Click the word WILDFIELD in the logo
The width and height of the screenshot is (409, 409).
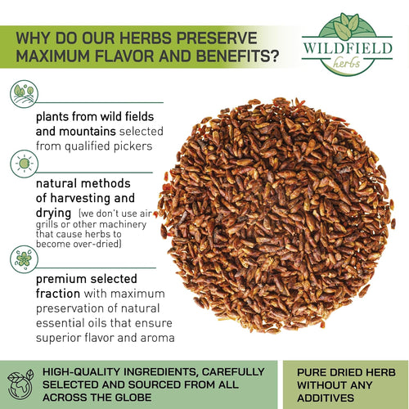(348, 48)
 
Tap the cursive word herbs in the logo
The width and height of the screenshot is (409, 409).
(346, 63)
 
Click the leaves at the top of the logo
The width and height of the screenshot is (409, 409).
(346, 25)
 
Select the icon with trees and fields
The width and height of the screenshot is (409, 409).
(24, 94)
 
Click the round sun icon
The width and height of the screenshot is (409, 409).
(24, 164)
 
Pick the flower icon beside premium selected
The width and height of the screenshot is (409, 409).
(24, 259)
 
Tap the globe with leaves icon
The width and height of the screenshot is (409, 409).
(20, 384)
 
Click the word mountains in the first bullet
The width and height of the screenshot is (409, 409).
(88, 132)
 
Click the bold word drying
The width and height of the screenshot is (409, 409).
(53, 213)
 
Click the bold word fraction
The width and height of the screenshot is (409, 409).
(58, 294)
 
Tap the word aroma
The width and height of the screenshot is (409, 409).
(157, 338)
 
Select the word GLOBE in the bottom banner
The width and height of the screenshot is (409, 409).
(133, 398)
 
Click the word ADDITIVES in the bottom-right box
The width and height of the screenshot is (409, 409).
(326, 398)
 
